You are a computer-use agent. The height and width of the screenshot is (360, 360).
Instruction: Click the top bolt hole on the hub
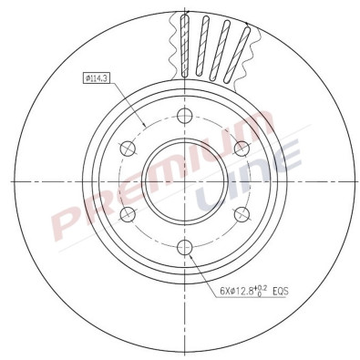183,115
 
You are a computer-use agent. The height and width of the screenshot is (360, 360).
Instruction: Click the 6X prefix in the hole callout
224,293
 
